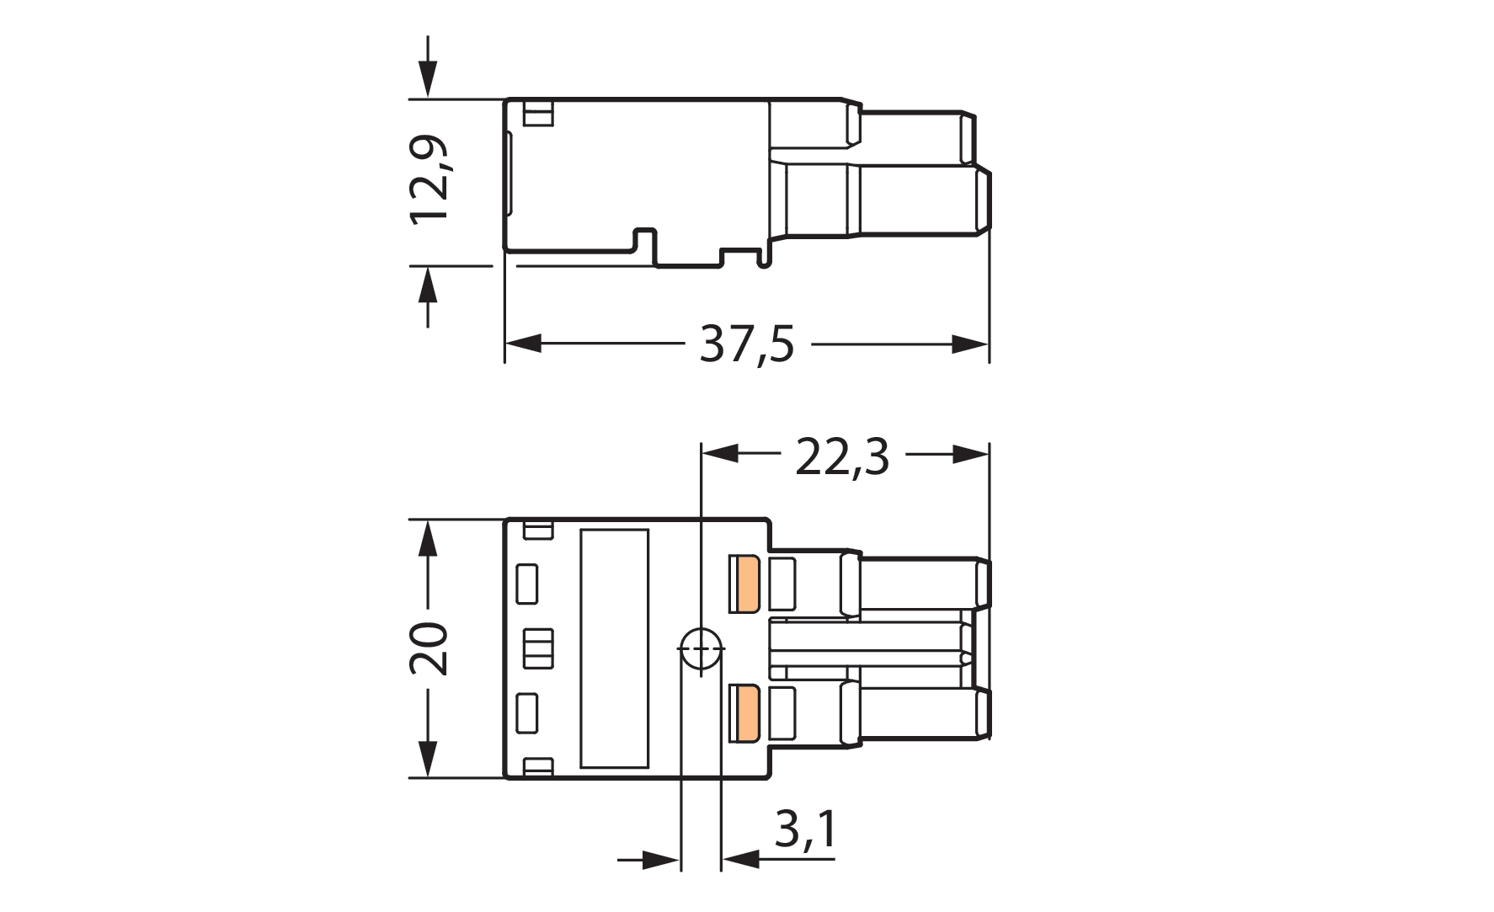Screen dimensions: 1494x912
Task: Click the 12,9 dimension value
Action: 429,179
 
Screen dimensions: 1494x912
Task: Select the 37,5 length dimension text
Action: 747,344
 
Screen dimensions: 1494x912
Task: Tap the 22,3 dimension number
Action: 842,457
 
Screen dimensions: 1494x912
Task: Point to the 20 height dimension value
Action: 429,648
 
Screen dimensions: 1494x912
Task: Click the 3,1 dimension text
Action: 806,829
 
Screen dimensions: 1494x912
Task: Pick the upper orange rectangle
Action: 745,584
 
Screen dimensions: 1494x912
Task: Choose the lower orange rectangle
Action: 745,712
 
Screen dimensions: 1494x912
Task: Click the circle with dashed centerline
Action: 701,650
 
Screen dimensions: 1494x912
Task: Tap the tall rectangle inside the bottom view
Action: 614,648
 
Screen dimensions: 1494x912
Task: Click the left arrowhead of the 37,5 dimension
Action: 523,344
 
